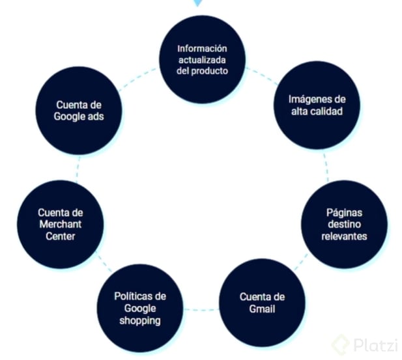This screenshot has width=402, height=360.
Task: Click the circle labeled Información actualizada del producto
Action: [x=203, y=60]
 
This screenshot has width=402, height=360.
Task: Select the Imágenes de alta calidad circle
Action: [x=317, y=105]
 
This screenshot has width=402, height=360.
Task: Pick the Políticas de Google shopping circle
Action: [x=140, y=308]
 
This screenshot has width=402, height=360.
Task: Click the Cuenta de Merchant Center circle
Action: [x=60, y=224]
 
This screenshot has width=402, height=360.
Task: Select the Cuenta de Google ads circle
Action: [x=79, y=111]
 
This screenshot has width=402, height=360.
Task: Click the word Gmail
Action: [x=262, y=309]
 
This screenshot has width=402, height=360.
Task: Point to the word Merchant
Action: [x=60, y=224]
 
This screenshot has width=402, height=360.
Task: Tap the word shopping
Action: [x=140, y=320]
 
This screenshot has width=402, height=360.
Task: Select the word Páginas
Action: [x=343, y=212]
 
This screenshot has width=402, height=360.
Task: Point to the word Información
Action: [x=203, y=48]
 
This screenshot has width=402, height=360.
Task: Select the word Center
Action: [x=60, y=236]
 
